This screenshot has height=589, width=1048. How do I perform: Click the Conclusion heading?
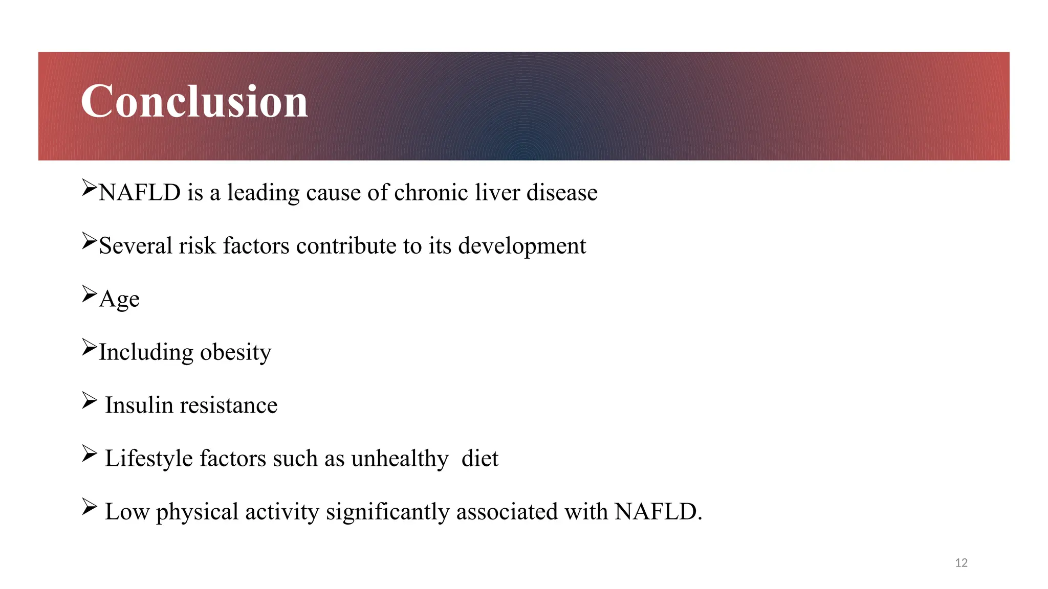click(194, 101)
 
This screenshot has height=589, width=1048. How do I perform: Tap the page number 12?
click(961, 563)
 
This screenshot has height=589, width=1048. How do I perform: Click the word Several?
click(136, 246)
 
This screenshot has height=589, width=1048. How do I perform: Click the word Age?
click(119, 300)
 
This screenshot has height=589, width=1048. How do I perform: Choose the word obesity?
click(235, 353)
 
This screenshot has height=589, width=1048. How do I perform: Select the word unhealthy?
click(400, 459)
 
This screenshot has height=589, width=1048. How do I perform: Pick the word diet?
click(479, 459)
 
